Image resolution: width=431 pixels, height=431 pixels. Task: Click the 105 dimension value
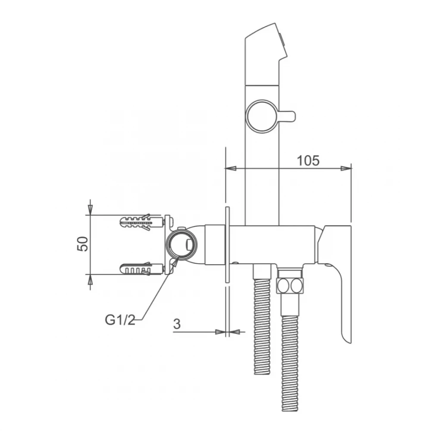pyautogui.click(x=308, y=161)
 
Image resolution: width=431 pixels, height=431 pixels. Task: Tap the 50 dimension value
pyautogui.click(x=83, y=244)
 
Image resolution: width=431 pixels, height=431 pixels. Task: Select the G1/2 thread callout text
pyautogui.click(x=120, y=320)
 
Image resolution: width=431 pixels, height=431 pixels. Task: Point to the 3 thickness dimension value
pyautogui.click(x=177, y=324)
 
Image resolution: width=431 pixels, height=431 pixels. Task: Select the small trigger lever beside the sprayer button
pyautogui.click(x=287, y=116)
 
